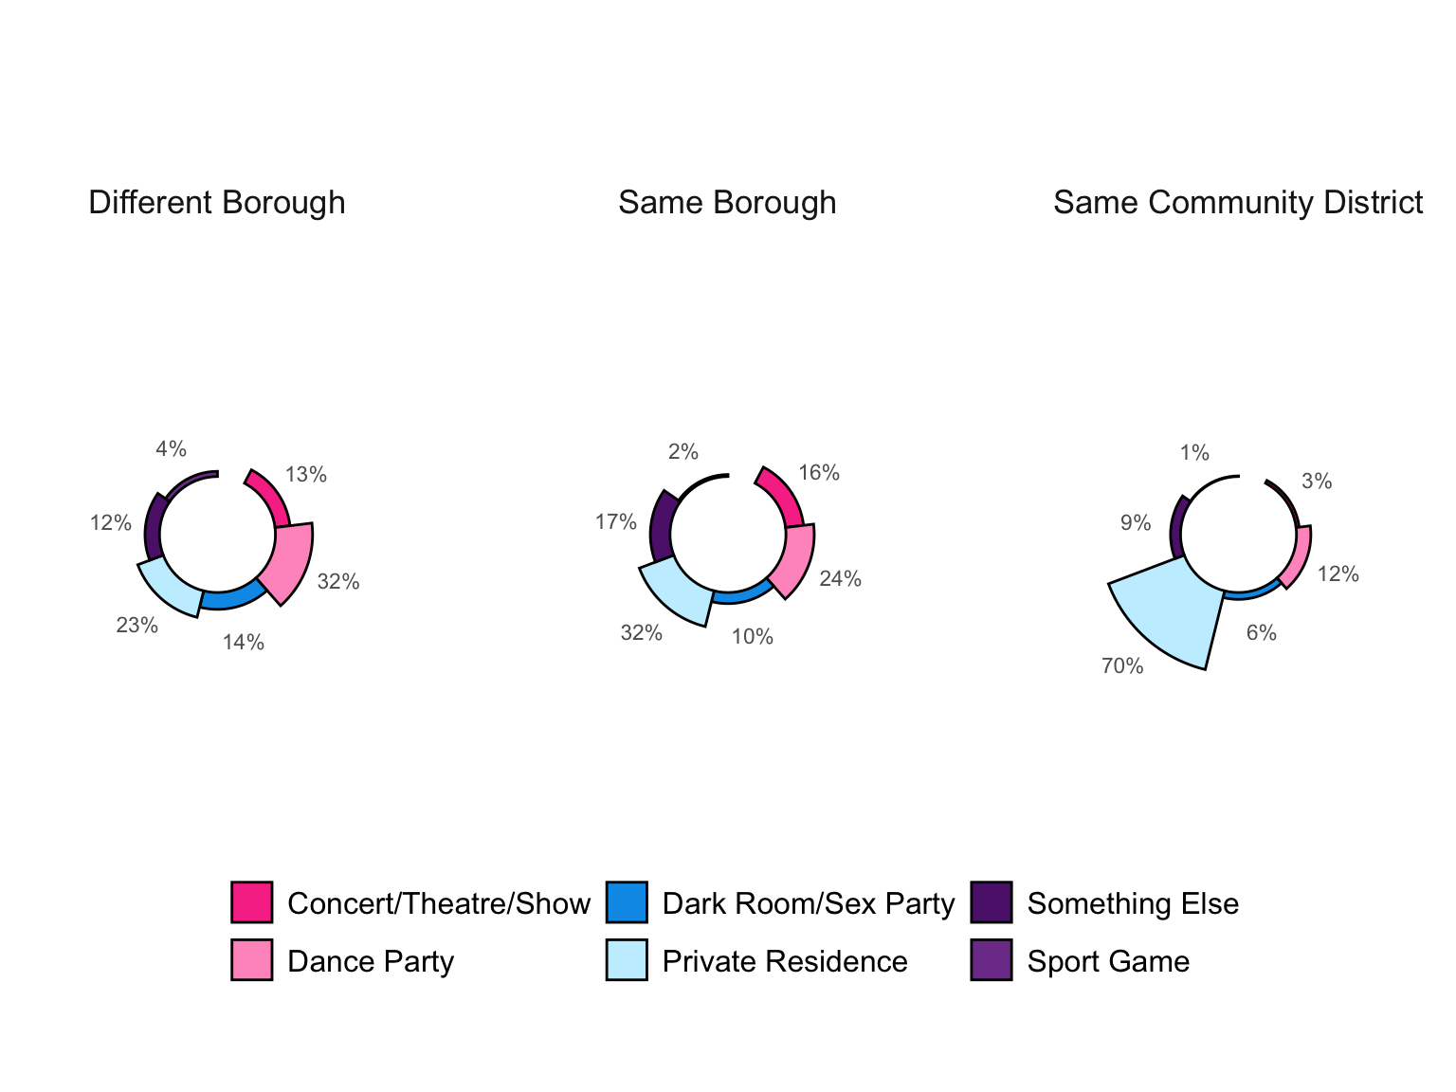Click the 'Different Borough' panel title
point(216,203)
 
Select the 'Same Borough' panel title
point(727,203)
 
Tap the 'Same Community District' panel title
point(1238,203)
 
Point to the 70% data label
point(1122,666)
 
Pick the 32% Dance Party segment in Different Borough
point(290,561)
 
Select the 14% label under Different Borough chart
point(244,643)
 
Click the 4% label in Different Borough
point(172,449)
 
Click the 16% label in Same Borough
point(819,473)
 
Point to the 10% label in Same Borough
point(753,637)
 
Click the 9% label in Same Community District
point(1136,523)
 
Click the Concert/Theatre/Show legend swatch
point(252,902)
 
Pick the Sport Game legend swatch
point(992,960)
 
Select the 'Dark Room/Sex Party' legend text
point(809,903)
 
